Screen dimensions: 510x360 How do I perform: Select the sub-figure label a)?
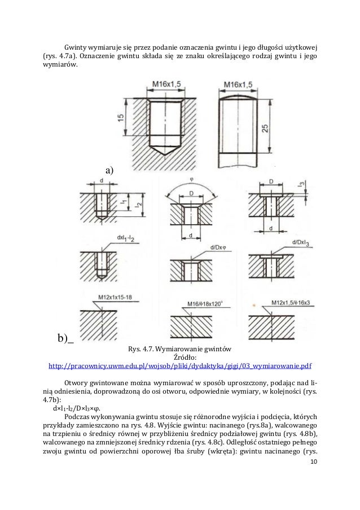click(109, 169)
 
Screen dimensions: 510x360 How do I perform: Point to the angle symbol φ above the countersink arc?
click(191, 180)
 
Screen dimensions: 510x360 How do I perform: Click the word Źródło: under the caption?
click(180, 356)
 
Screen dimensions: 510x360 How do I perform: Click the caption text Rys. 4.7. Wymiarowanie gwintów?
click(180, 347)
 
